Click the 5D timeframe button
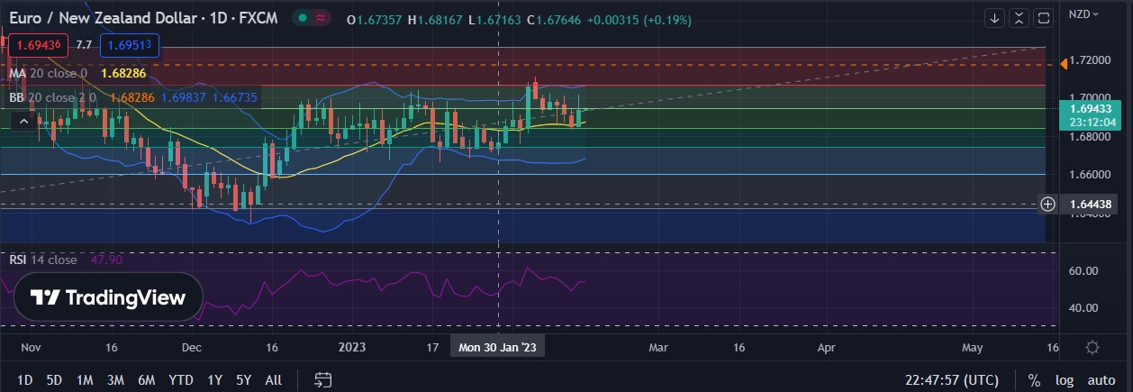click(x=54, y=380)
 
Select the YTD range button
click(x=181, y=380)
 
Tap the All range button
click(x=274, y=380)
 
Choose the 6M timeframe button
click(x=146, y=380)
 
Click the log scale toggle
click(x=1065, y=380)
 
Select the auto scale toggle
click(x=1101, y=380)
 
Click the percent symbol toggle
click(x=1034, y=380)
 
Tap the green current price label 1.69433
click(x=1094, y=108)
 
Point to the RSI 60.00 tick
click(x=1082, y=270)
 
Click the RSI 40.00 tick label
click(x=1082, y=307)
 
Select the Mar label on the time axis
click(x=658, y=347)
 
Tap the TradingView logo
click(x=107, y=298)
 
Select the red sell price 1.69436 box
click(x=36, y=44)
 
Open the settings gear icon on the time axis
click(x=1092, y=347)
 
